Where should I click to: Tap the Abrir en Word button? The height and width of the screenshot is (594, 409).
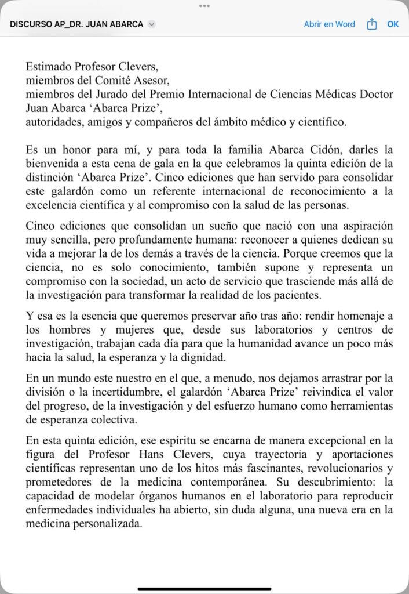pos(329,24)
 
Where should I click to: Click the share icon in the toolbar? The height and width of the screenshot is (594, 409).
pos(372,24)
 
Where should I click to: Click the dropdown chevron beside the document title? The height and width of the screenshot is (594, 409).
pos(152,24)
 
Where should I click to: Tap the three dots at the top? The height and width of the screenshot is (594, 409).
pos(204,5)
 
